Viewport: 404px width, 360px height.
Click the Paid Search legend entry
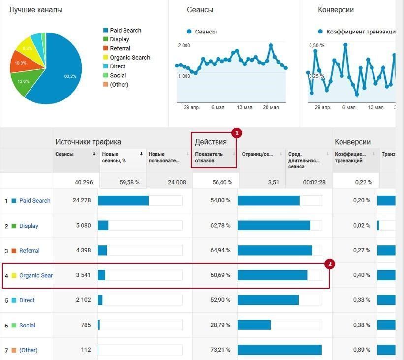(125, 30)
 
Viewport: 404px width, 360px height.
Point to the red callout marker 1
(237, 133)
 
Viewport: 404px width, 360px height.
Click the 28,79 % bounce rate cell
(220, 325)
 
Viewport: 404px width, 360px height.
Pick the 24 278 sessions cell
(81, 200)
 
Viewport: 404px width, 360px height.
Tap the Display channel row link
(29, 226)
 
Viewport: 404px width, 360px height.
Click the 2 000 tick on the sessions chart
(184, 45)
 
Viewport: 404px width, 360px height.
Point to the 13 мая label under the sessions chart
(245, 107)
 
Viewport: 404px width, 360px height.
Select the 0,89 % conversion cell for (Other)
(361, 350)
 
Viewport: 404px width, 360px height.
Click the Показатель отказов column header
(209, 157)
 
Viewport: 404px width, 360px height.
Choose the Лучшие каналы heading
(36, 10)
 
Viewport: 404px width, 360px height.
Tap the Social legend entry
(118, 75)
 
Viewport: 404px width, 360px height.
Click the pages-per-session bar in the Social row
(254, 325)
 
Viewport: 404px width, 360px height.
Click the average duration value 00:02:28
(314, 182)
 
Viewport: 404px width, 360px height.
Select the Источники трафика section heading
(88, 142)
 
